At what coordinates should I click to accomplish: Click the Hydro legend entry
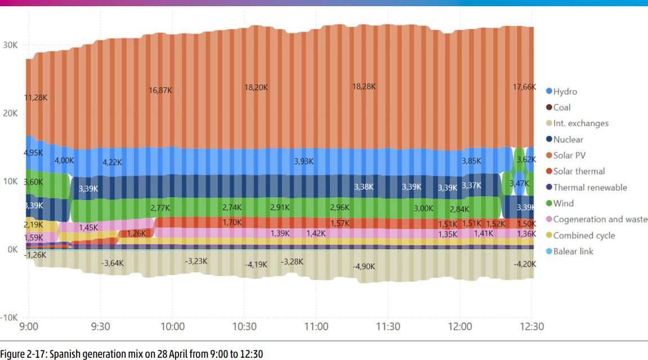pos(565,91)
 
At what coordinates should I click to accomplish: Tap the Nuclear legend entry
pos(568,139)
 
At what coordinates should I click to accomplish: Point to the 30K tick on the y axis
pos(10,45)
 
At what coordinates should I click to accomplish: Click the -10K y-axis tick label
pos(10,317)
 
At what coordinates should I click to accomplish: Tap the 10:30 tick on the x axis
pos(244,327)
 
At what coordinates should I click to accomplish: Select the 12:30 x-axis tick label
pos(531,327)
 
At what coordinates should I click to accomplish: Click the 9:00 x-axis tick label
pos(28,327)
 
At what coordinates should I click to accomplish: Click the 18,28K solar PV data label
pos(364,87)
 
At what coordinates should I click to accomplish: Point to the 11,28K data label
pos(35,97)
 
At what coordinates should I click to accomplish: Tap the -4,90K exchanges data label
pos(364,266)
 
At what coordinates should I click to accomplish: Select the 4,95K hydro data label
pos(33,153)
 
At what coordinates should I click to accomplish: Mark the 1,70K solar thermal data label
pos(233,223)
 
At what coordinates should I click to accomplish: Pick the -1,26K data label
pos(35,255)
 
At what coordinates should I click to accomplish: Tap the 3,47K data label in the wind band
pos(520,183)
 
